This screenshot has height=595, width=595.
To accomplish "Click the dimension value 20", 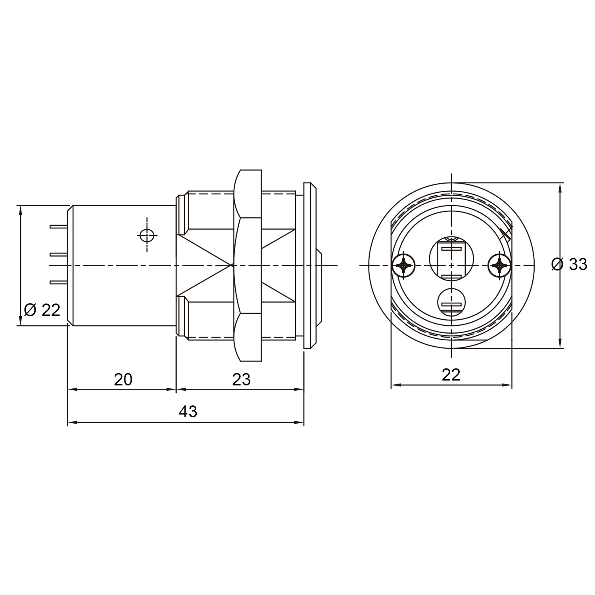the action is [123, 380].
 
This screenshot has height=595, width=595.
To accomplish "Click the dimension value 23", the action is [241, 380].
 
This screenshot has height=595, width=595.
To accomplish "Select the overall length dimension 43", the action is [188, 412].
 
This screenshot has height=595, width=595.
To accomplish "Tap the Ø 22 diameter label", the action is [42, 310].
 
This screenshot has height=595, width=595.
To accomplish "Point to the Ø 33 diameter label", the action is [569, 264].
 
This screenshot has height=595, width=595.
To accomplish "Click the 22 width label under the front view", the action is [451, 374].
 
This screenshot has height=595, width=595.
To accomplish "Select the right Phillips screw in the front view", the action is [499, 265].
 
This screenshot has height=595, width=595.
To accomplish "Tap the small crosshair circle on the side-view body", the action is [147, 235].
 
